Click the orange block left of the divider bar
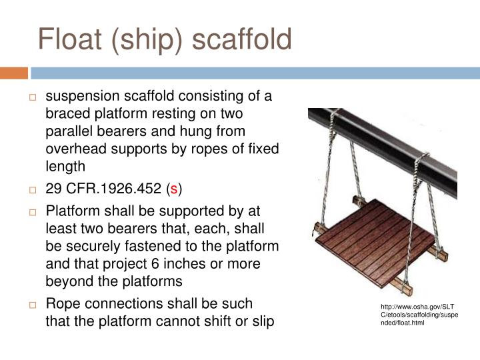pos(13,72)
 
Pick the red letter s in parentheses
pos(175,189)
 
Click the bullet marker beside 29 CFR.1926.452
pos(32,189)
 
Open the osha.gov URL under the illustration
pos(416,315)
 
